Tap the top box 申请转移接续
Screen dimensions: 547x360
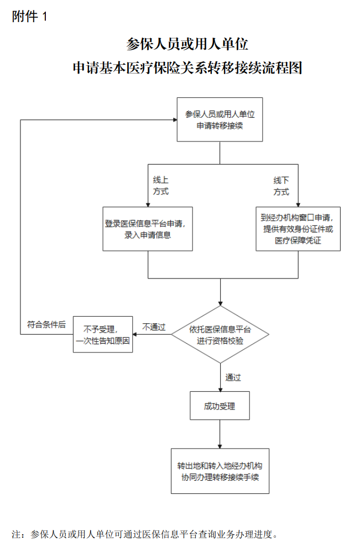point(220,119)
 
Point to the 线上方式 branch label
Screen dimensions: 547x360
point(160,186)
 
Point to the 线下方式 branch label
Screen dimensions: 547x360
point(281,186)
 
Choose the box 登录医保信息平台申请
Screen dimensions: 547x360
point(148,229)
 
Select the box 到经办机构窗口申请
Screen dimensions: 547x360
point(298,229)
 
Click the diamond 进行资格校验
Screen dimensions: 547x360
point(220,335)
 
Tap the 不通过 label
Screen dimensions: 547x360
point(154,327)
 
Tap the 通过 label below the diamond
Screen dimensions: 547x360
point(233,377)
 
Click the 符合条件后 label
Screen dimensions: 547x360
point(46,325)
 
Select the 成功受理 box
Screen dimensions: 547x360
point(220,406)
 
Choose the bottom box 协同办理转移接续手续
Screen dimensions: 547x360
point(220,471)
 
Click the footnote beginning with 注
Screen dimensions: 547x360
point(144,534)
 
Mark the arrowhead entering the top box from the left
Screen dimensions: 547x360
point(173,119)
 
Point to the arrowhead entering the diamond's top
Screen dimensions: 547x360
point(220,303)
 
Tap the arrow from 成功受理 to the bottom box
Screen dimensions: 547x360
point(220,434)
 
